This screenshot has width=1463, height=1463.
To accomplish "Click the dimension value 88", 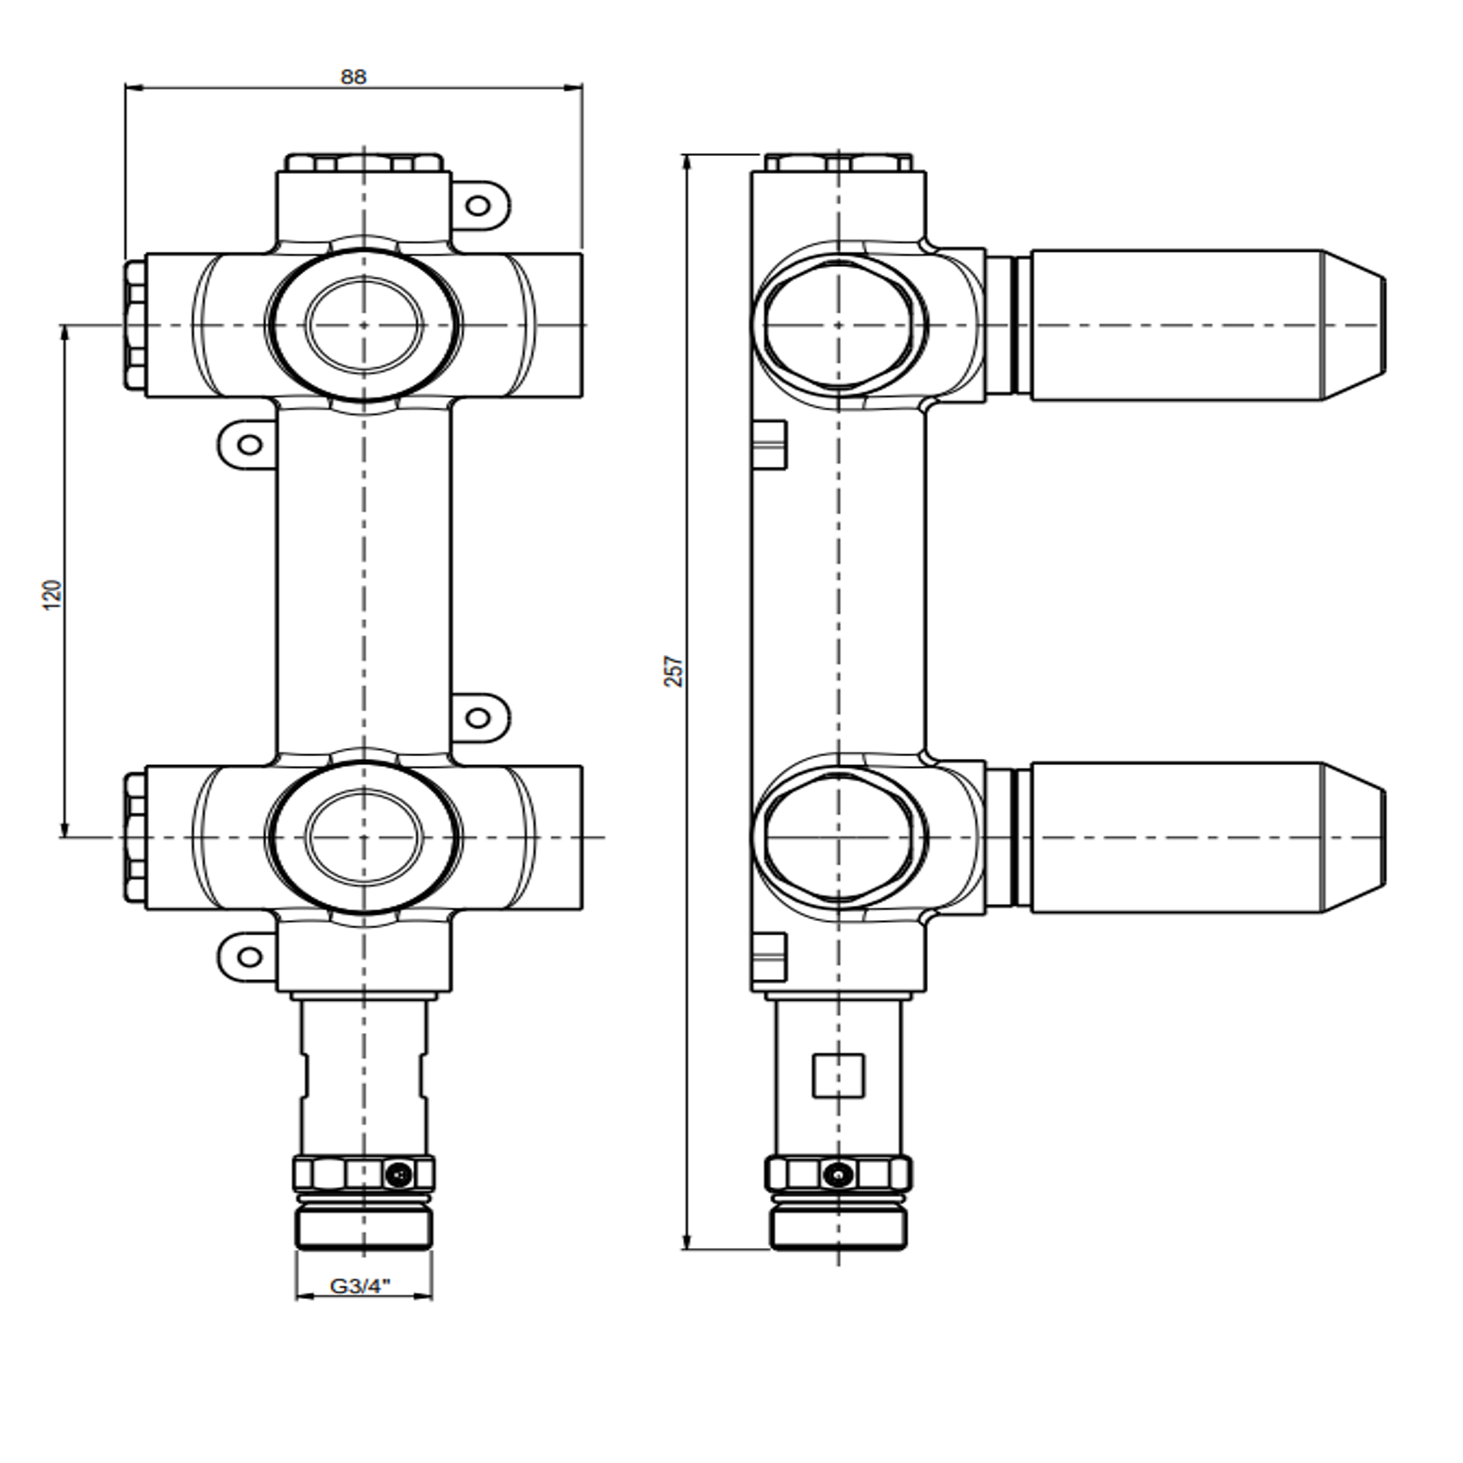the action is tap(353, 77).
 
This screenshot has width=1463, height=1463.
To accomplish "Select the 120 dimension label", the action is tap(53, 595).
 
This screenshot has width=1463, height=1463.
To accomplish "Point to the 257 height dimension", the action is tap(673, 672).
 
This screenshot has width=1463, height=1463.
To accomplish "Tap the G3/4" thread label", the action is tap(360, 1287).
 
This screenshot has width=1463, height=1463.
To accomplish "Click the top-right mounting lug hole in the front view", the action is tap(478, 206).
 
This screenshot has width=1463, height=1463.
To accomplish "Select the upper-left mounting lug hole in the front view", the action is tap(250, 443).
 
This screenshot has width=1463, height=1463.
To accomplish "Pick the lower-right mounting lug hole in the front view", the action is tap(478, 718).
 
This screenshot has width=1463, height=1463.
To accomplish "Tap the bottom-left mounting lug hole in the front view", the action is tap(250, 957).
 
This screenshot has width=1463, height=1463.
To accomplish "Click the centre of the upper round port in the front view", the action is tap(363, 325).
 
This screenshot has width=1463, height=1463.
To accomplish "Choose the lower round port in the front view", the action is tap(363, 837).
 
